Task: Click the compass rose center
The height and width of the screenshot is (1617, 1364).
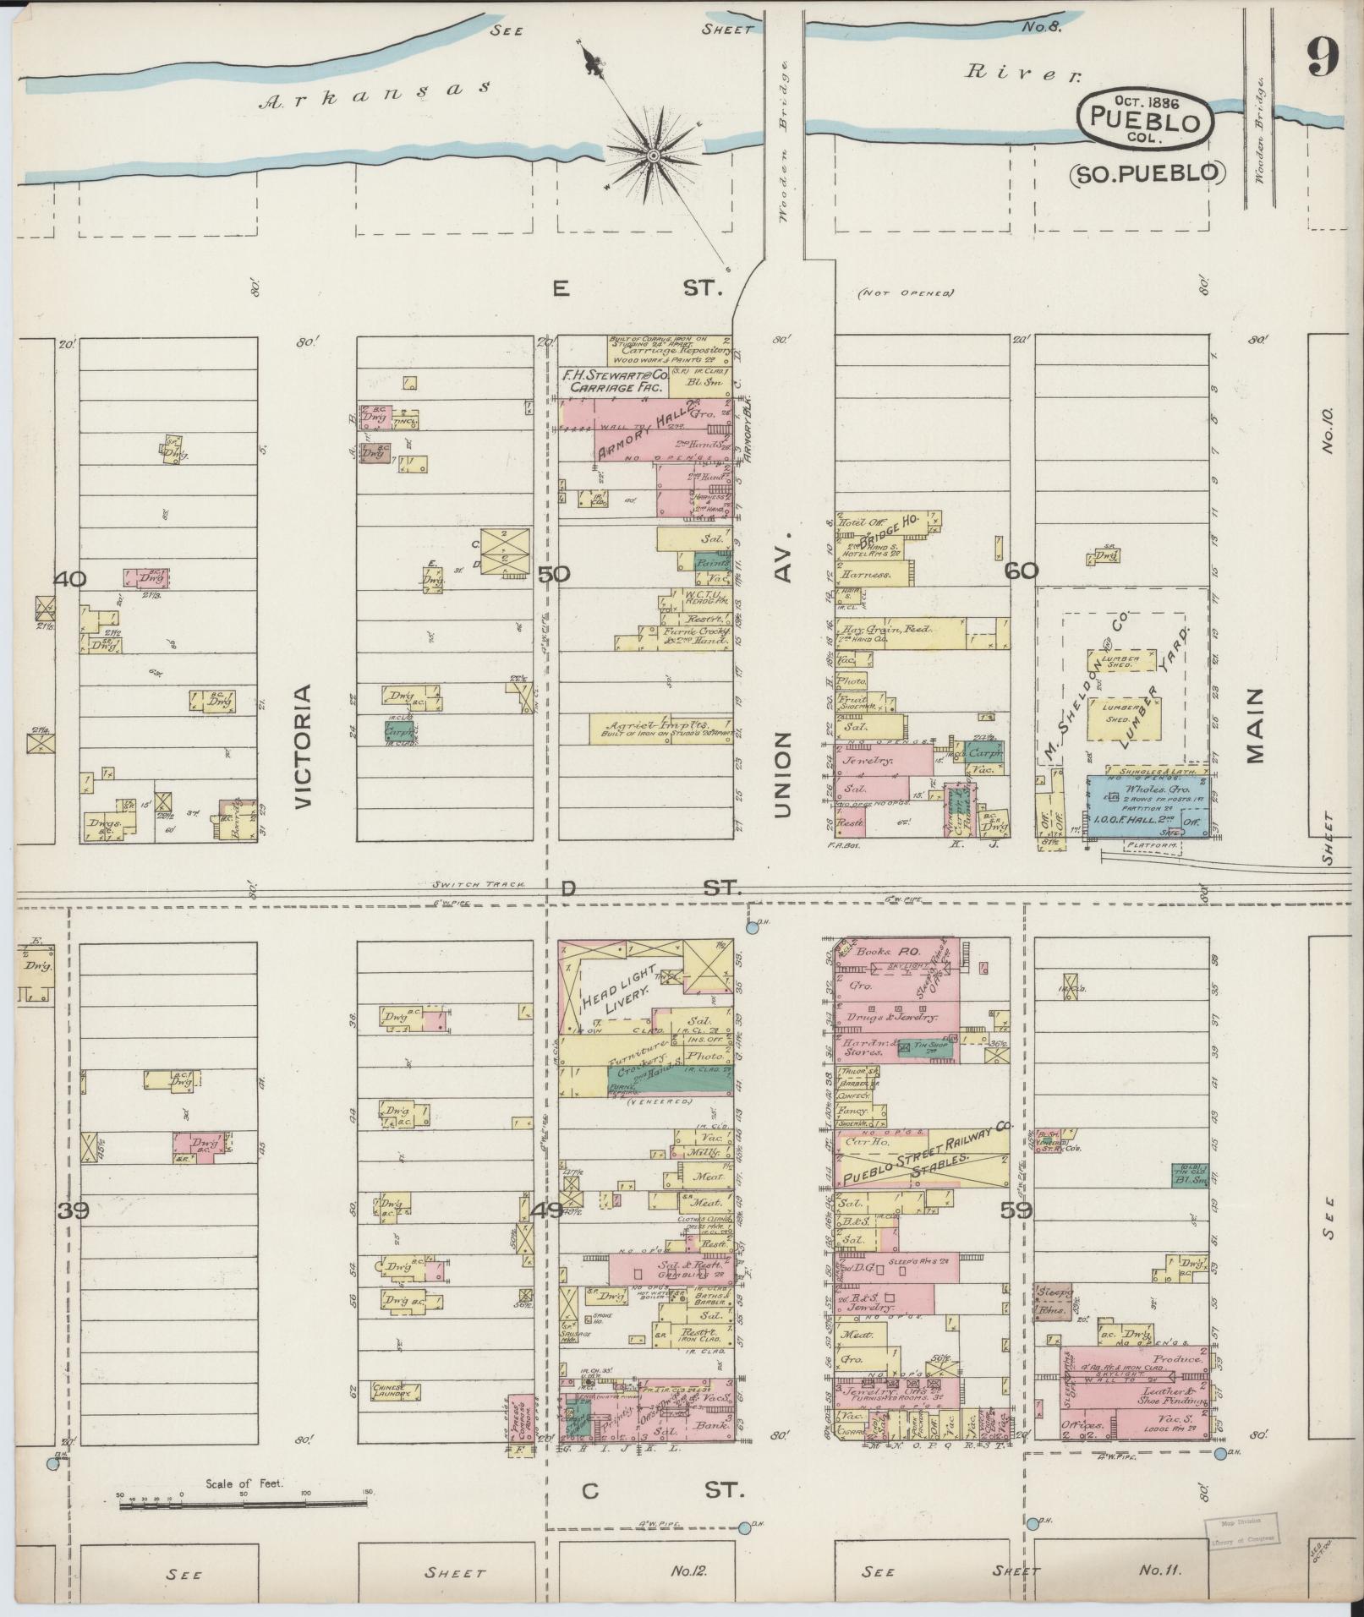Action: pyautogui.click(x=654, y=156)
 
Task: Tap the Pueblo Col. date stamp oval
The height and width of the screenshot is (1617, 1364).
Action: pyautogui.click(x=1145, y=119)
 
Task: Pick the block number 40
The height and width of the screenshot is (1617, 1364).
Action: pyautogui.click(x=71, y=579)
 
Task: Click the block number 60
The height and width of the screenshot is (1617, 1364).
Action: pyautogui.click(x=1022, y=571)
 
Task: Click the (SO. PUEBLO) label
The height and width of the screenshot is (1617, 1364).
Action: pyautogui.click(x=1148, y=173)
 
